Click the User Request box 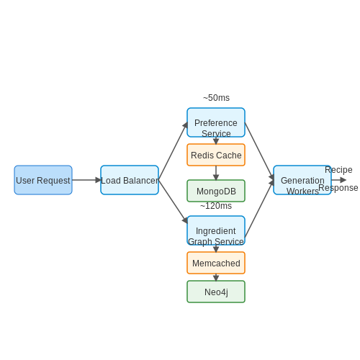pos(43,180)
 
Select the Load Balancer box pos(130,180)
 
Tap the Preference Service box pos(216,122)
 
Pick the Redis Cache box pos(216,155)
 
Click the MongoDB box pos(216,191)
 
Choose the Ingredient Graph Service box pos(216,230)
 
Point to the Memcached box pos(216,263)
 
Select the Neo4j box pos(216,292)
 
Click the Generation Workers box pos(302,180)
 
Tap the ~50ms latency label pos(216,98)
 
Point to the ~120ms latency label pos(216,206)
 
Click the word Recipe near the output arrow pos(338,170)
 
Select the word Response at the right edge pos(338,188)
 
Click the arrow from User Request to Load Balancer pos(86,180)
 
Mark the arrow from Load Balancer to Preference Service pos(173,151)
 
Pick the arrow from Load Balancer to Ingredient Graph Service pos(173,202)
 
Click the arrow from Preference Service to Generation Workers pos(259,151)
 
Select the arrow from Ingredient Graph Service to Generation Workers pos(259,209)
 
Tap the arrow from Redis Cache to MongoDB pos(216,173)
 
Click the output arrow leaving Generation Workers pos(338,180)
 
